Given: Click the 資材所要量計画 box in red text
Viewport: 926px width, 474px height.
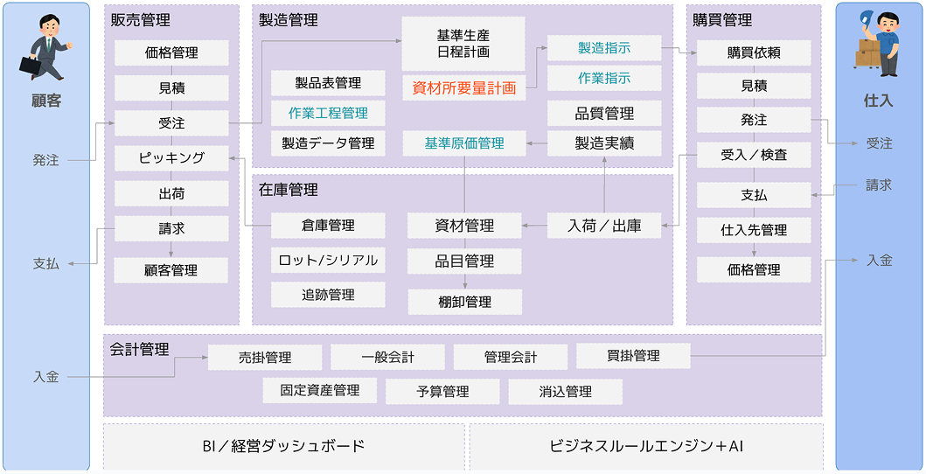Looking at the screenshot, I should (463, 87).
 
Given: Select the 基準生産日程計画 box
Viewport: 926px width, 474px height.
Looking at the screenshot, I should (463, 44).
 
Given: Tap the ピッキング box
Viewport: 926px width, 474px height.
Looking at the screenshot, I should (171, 158).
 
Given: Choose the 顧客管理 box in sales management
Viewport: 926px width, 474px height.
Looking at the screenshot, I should (171, 270).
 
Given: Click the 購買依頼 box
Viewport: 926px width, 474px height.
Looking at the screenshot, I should (754, 52).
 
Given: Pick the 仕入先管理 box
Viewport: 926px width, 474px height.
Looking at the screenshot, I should (754, 230).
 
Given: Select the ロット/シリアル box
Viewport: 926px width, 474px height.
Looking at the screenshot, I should (328, 260).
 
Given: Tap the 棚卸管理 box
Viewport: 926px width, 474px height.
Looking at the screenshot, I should (464, 302).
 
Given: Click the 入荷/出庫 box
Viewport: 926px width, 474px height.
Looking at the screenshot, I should (604, 226).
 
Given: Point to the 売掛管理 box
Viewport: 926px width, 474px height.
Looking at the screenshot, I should (265, 357).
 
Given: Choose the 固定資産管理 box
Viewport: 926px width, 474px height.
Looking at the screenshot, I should (320, 390).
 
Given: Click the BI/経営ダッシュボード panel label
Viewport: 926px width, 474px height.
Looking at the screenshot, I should (283, 446).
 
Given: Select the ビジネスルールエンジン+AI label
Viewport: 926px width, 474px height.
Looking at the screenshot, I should (646, 446).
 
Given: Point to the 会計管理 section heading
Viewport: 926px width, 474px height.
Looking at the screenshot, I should (140, 349).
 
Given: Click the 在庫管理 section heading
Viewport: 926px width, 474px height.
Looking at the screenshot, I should (289, 189).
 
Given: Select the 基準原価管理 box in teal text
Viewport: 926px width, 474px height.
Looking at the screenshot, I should (464, 143).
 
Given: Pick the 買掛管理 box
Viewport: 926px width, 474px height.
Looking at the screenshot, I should (632, 356).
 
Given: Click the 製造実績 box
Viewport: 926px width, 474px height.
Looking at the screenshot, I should (604, 143).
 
